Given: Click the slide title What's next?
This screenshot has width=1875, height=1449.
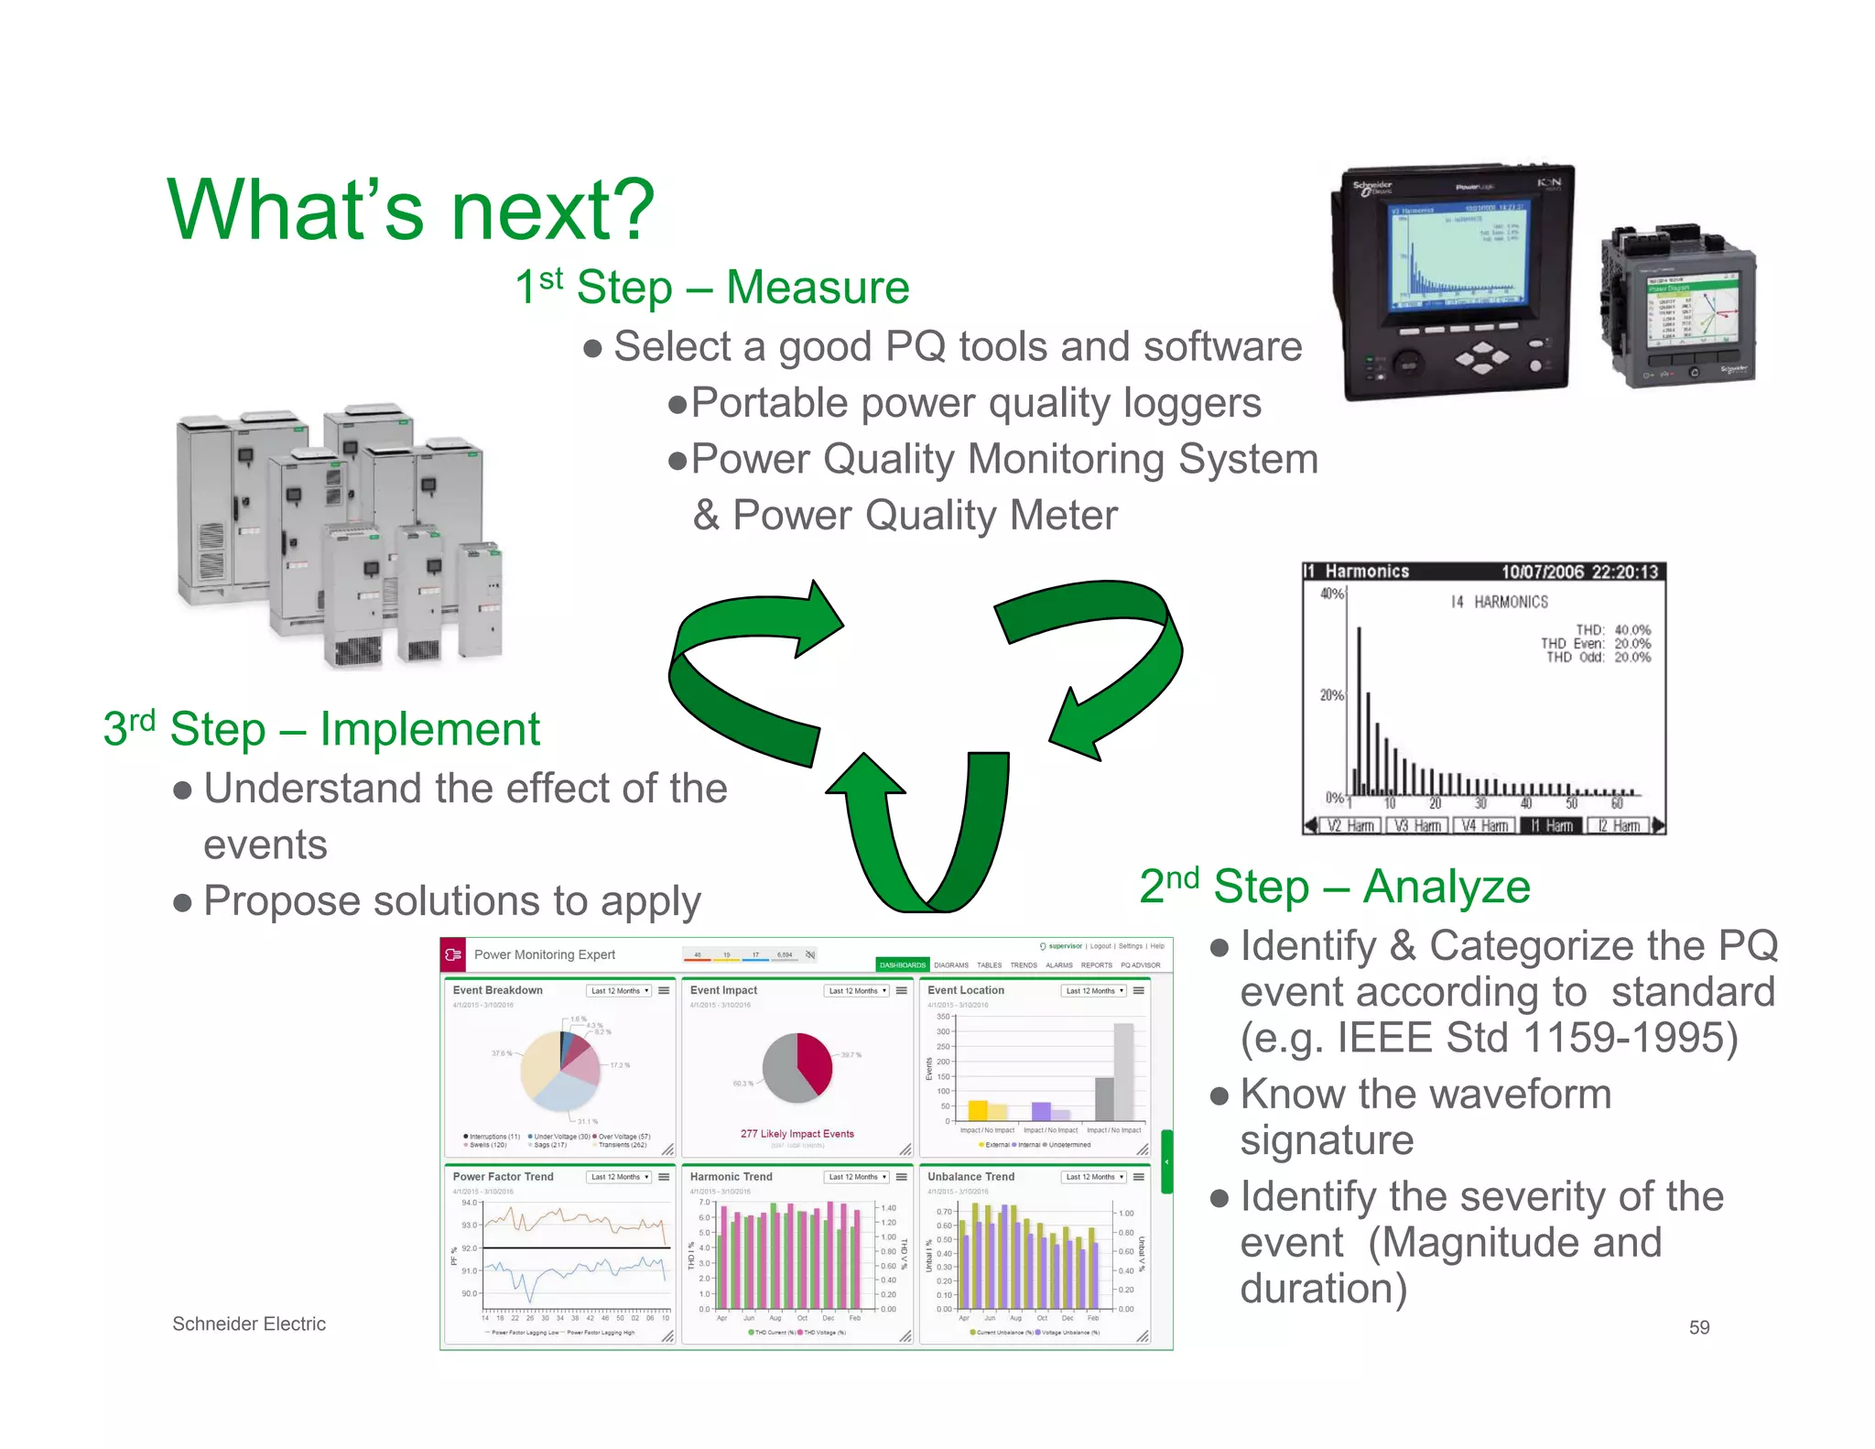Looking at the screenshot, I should (410, 211).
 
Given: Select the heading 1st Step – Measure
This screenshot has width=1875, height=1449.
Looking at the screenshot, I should (711, 288).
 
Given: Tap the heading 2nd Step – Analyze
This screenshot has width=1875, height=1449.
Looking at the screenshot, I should (1334, 887).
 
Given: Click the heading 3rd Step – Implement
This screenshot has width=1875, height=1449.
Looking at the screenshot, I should (321, 730).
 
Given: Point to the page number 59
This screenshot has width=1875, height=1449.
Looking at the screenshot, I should (1698, 1327).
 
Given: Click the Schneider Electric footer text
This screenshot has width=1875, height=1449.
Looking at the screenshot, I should (249, 1324).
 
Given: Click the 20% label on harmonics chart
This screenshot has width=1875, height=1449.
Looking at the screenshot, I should (1331, 695).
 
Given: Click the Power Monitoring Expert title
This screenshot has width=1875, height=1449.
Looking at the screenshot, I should (544, 954).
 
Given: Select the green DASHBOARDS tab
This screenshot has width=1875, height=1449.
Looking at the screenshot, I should (902, 964).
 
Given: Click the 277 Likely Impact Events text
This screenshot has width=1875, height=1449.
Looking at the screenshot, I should (797, 1134).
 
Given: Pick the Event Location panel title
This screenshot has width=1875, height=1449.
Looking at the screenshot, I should (965, 990).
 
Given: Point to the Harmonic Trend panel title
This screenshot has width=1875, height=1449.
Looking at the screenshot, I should (731, 1177).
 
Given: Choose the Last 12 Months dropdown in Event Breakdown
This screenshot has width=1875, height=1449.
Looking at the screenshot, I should (619, 991).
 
